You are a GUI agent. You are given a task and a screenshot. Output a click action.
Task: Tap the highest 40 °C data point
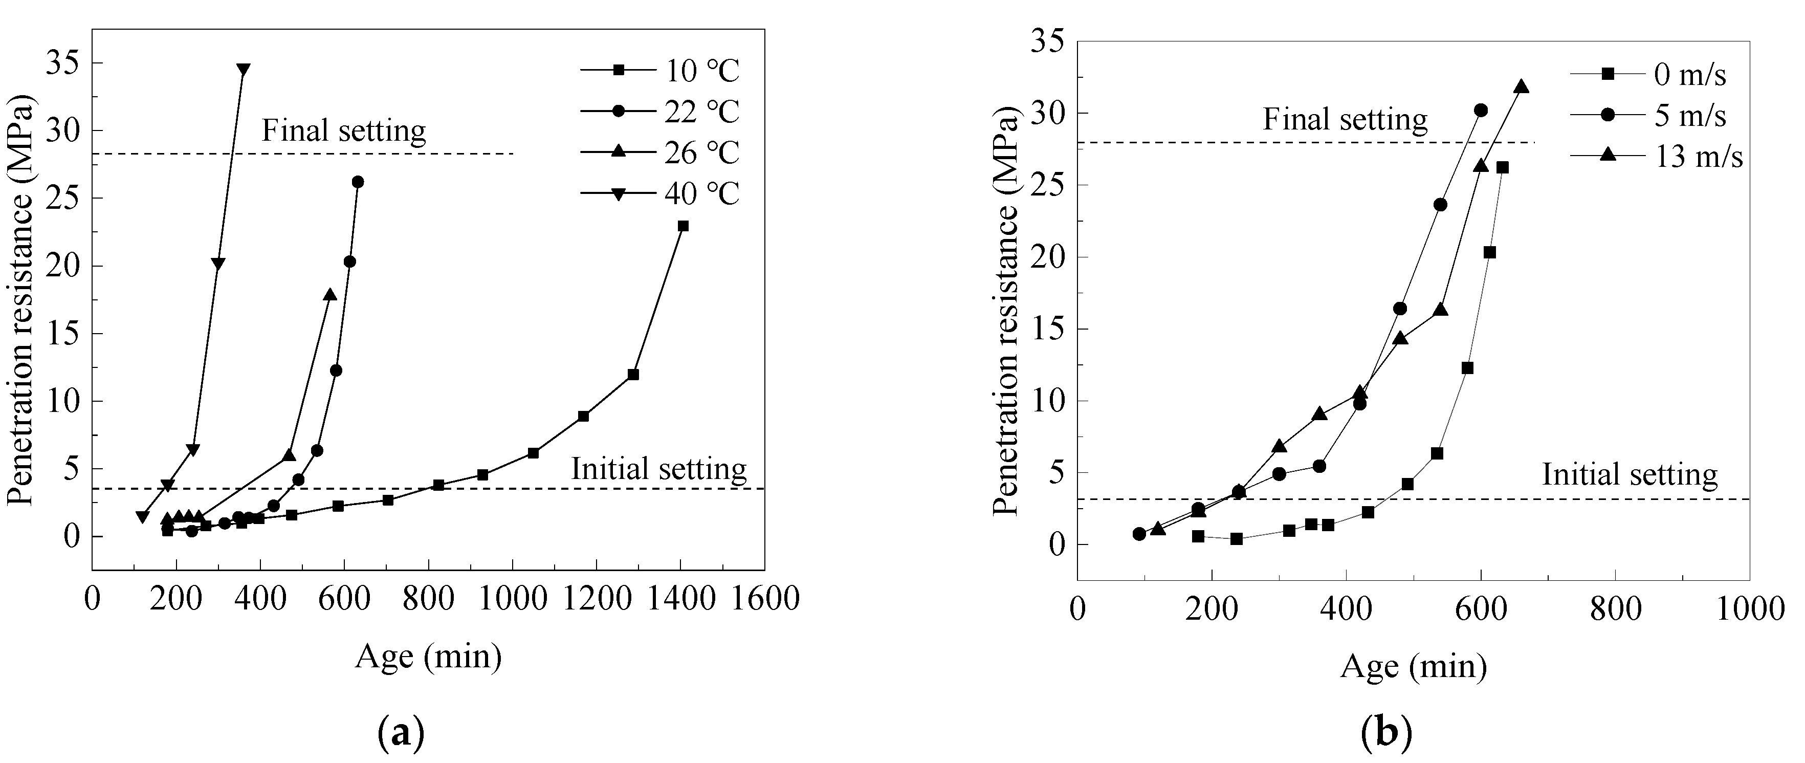coord(243,70)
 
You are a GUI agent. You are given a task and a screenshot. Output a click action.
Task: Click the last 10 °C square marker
coord(683,226)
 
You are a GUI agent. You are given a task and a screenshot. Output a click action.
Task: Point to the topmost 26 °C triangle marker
coord(329,294)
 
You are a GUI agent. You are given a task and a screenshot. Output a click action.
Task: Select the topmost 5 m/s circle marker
coord(1481,110)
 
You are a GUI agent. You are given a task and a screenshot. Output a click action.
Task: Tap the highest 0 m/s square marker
coord(1502,167)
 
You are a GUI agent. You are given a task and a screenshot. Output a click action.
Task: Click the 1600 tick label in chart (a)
coord(764,600)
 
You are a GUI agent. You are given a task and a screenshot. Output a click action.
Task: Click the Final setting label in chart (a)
coord(343,131)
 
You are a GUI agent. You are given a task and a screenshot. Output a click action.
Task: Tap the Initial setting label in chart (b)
coord(1630,475)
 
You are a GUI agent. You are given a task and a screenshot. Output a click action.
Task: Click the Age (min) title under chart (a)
coord(428,657)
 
